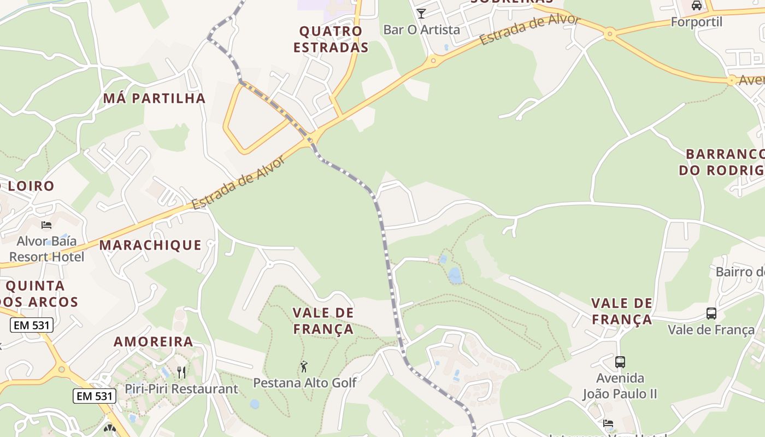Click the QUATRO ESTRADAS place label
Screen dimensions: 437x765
pos(331,39)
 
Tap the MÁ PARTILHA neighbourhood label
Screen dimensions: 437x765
pos(155,98)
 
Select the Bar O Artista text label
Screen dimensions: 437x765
pos(421,29)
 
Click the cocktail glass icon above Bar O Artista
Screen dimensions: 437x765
pos(421,13)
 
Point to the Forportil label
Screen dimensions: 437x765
pos(696,22)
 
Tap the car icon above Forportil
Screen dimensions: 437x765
pos(696,5)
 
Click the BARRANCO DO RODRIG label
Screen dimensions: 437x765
pos(721,162)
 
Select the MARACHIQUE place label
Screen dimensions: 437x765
pos(150,245)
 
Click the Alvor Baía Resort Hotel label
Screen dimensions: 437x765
pos(47,249)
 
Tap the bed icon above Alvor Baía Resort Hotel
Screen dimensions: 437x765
pos(46,225)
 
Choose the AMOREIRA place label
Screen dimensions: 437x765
pos(154,342)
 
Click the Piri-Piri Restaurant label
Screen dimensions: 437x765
pos(181,389)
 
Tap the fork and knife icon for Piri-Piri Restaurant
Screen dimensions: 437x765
pos(181,373)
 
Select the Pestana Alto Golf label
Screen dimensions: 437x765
pos(304,382)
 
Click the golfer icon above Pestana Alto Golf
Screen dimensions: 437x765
pos(304,367)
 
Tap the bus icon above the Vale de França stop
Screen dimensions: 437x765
pos(711,314)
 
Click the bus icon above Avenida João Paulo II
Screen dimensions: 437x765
pos(620,362)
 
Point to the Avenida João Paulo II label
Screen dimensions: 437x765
pos(620,386)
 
